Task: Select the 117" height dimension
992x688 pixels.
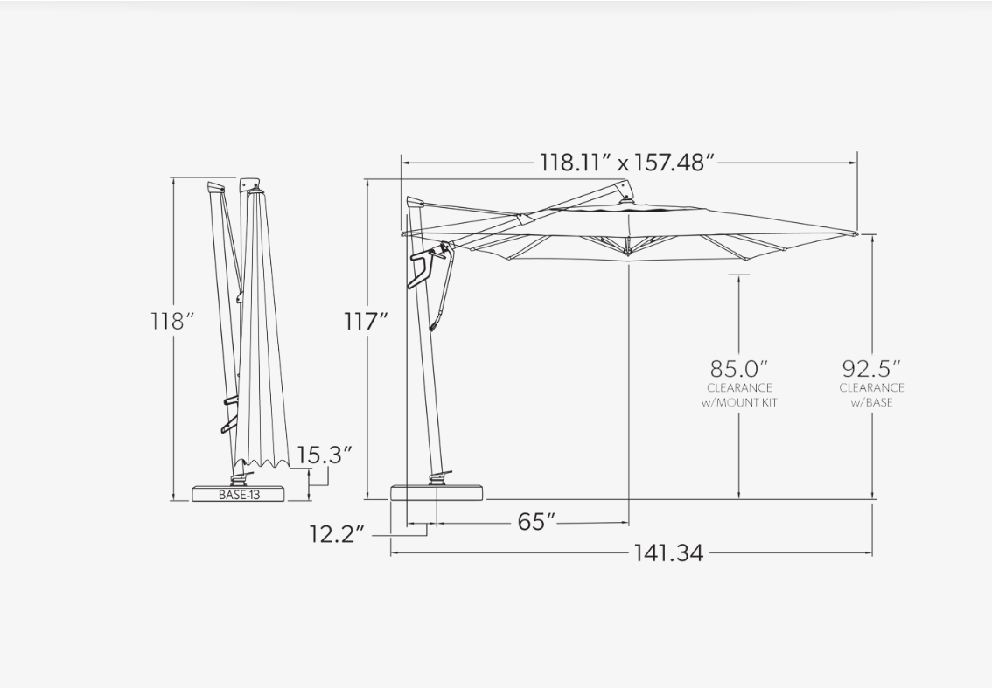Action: [x=366, y=321]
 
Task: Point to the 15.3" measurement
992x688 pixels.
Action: [x=324, y=455]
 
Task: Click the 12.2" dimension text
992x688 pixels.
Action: [x=337, y=534]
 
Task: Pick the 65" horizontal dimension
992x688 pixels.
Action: [x=536, y=522]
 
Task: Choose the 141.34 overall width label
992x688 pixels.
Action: [x=668, y=553]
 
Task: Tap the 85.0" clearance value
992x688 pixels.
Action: [x=738, y=368]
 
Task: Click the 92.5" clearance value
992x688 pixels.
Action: [x=871, y=368]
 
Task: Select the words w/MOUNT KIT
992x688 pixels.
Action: [x=739, y=402]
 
